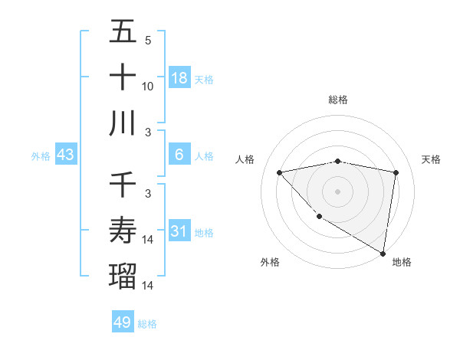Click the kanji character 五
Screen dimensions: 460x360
tap(123, 33)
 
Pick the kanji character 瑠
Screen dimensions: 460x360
tap(123, 273)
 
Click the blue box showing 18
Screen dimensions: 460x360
tap(179, 77)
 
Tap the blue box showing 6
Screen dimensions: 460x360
tap(179, 155)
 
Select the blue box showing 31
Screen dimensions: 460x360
tap(179, 231)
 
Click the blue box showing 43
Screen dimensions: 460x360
tap(66, 155)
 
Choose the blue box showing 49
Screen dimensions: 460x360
tap(123, 322)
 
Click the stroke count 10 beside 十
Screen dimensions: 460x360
tap(148, 87)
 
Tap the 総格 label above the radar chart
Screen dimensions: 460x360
tap(337, 100)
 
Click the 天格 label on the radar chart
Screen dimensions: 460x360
tap(432, 159)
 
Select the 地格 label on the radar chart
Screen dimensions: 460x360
tap(402, 262)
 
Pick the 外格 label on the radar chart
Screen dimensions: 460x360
tap(270, 262)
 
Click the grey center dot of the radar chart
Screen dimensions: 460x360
tap(337, 191)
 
